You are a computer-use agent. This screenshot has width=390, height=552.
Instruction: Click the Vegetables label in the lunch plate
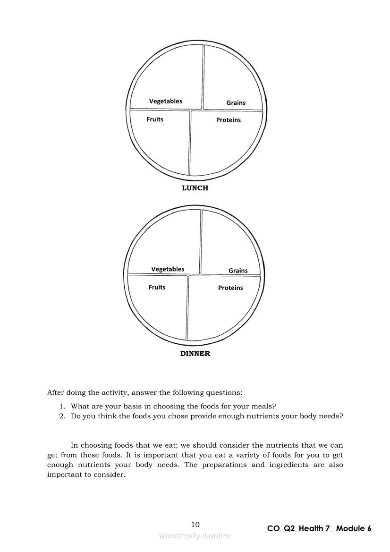pyautogui.click(x=165, y=101)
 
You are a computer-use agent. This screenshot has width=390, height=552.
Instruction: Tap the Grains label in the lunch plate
pyautogui.click(x=236, y=102)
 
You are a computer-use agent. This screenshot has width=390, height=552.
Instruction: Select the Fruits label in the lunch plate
pyautogui.click(x=155, y=119)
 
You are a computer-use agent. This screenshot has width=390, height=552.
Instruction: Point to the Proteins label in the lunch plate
pyautogui.click(x=229, y=120)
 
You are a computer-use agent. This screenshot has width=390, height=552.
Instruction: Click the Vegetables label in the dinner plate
pyautogui.click(x=168, y=269)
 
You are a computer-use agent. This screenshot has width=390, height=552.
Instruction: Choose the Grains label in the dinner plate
pyautogui.click(x=238, y=271)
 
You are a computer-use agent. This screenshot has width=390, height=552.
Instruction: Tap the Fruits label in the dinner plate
pyautogui.click(x=157, y=287)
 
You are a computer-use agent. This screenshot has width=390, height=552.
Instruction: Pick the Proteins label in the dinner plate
pyautogui.click(x=230, y=288)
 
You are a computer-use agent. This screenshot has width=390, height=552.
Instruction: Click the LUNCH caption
pyautogui.click(x=195, y=188)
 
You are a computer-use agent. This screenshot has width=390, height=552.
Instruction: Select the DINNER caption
pyautogui.click(x=195, y=353)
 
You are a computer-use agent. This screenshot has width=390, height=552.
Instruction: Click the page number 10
pyautogui.click(x=195, y=524)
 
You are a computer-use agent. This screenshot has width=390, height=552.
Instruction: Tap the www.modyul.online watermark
pyautogui.click(x=195, y=535)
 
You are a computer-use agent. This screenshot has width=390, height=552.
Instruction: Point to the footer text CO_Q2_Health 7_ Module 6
pyautogui.click(x=319, y=528)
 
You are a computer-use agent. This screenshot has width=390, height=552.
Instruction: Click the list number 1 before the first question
pyautogui.click(x=61, y=406)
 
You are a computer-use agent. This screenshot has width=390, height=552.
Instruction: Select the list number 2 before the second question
pyautogui.click(x=61, y=416)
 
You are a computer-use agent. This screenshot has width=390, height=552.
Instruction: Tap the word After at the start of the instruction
pyautogui.click(x=55, y=392)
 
